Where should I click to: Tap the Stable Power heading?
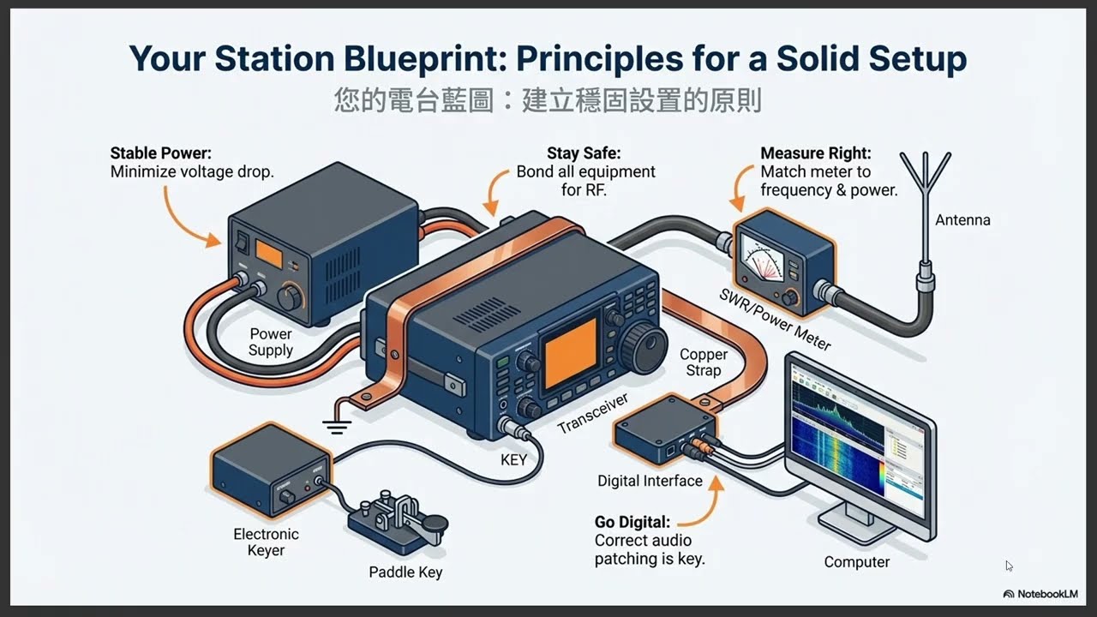pos(160,153)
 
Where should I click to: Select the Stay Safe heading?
pos(584,153)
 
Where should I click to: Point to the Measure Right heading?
pos(816,153)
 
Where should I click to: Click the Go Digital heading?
pos(632,522)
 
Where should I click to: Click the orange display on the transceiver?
pos(571,353)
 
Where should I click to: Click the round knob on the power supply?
pos(291,297)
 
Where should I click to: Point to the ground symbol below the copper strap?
pos(337,427)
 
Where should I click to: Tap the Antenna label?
pos(962,220)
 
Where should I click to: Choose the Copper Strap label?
pos(704,362)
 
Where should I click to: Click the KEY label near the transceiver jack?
pos(513,460)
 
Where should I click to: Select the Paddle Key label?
pos(405,572)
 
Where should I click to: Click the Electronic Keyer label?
pos(266,542)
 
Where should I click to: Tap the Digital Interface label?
pos(650,481)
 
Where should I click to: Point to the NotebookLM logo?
pos(1040,594)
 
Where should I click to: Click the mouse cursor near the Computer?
pos(1009,566)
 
